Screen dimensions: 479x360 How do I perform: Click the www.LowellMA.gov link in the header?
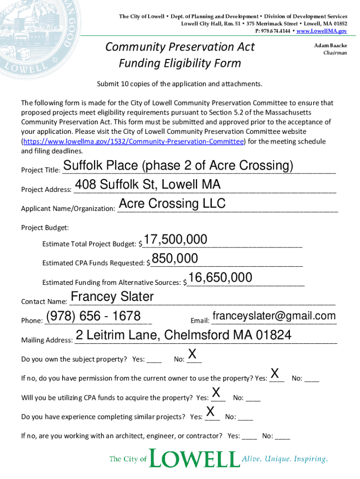tap(322, 31)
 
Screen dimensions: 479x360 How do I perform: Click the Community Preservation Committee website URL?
tap(133, 141)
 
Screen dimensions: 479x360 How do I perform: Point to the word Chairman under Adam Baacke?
tap(335, 53)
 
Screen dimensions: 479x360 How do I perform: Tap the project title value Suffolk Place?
tap(178, 166)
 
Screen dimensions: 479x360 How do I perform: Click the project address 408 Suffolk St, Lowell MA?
tap(147, 185)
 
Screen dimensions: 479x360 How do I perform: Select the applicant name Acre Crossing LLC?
tap(172, 203)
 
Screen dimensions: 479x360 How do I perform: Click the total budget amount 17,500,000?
tap(175, 239)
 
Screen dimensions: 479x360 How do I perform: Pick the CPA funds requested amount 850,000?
tap(175, 259)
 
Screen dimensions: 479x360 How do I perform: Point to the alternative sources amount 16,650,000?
tap(221, 278)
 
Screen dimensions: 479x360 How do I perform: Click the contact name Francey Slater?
tap(112, 297)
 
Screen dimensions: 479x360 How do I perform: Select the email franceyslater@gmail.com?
tap(274, 316)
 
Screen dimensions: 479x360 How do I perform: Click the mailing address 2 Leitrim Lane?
tap(183, 335)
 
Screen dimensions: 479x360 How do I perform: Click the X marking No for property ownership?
tap(192, 354)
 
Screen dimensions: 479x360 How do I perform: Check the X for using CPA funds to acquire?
tap(216, 392)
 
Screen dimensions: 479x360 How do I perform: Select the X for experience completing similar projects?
tap(210, 412)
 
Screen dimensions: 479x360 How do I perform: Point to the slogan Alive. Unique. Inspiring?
tap(284, 459)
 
